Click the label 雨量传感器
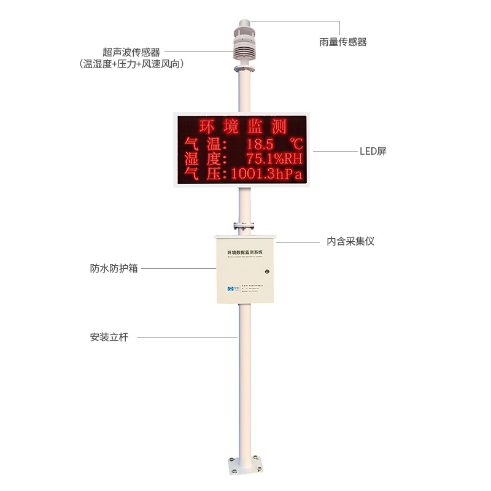(x=343, y=42)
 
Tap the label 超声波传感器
(x=131, y=53)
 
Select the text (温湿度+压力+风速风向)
(x=132, y=64)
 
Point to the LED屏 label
(x=373, y=151)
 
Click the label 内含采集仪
(x=350, y=242)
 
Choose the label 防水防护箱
(x=114, y=269)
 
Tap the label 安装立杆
(x=109, y=337)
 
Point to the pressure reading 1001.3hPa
(x=267, y=175)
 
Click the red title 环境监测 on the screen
(x=243, y=127)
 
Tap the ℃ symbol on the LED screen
(x=296, y=144)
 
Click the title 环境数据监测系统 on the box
(x=244, y=252)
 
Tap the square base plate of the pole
(x=244, y=466)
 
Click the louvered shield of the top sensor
(x=244, y=48)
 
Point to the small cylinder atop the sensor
(x=244, y=26)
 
